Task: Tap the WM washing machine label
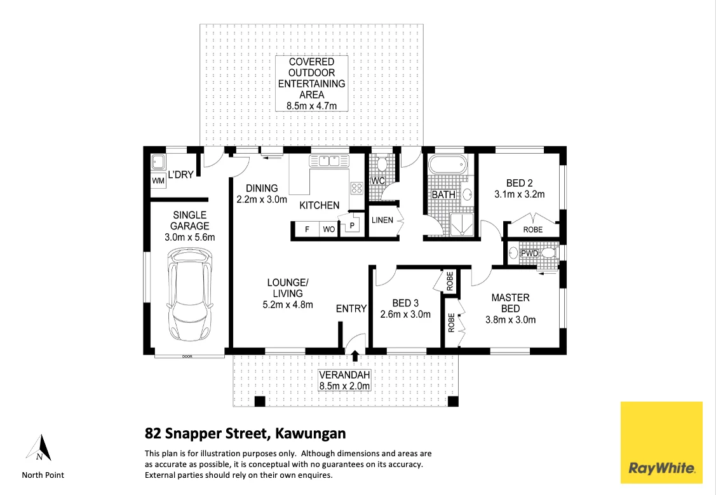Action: point(158,181)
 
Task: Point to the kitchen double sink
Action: point(329,161)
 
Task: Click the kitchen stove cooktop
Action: point(357,187)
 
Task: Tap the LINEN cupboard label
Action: point(382,220)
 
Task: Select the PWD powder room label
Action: point(529,254)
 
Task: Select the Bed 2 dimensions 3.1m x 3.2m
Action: point(520,194)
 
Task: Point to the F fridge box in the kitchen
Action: point(306,229)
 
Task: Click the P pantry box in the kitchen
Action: point(351,226)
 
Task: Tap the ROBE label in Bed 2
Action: point(532,229)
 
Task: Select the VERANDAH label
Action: point(344,374)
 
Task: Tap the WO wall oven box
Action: point(328,229)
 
